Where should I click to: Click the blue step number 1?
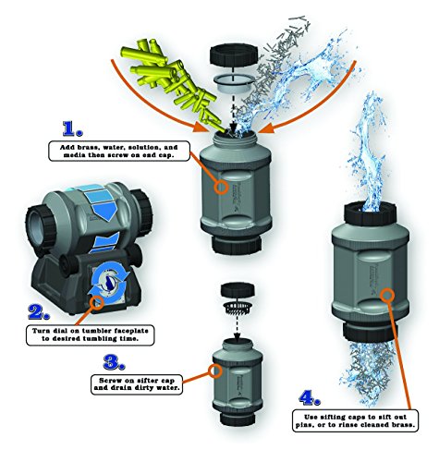[x=72, y=128]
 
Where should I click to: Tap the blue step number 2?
[x=39, y=312]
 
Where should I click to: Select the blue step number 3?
[x=114, y=362]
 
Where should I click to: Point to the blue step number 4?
[x=310, y=397]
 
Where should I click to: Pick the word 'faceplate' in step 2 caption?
[x=131, y=331]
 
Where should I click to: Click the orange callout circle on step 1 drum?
[x=221, y=187]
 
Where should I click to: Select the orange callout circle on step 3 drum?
[x=214, y=371]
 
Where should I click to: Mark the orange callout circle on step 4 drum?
[x=387, y=295]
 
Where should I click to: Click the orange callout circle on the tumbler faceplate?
[x=97, y=302]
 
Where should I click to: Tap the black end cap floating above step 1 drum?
[x=233, y=55]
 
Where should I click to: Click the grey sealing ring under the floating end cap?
[x=234, y=82]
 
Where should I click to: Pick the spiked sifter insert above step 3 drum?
[x=238, y=307]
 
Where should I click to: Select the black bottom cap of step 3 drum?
[x=238, y=419]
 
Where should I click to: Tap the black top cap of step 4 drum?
[x=370, y=213]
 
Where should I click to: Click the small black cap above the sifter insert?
[x=238, y=290]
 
